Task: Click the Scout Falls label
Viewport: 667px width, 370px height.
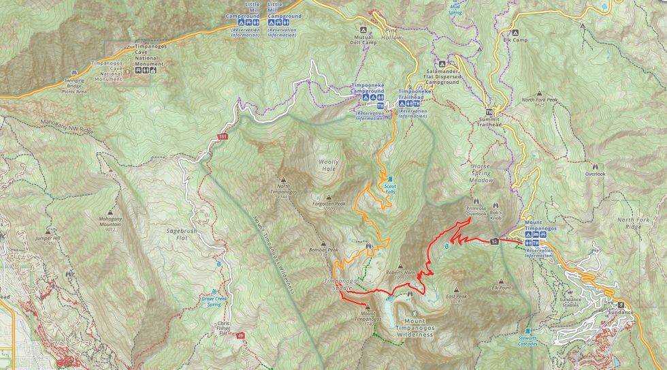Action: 390,189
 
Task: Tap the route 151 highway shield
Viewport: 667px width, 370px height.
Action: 223,137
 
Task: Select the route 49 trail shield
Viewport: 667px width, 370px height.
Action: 240,335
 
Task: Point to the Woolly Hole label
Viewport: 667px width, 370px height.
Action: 328,166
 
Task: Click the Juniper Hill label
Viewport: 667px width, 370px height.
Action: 48,238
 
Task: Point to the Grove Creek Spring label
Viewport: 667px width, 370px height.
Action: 215,300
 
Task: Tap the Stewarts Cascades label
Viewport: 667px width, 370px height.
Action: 527,341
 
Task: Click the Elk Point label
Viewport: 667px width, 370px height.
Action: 501,288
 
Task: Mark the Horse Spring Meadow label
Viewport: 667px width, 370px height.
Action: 481,173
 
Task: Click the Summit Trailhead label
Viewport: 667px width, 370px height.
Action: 489,122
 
